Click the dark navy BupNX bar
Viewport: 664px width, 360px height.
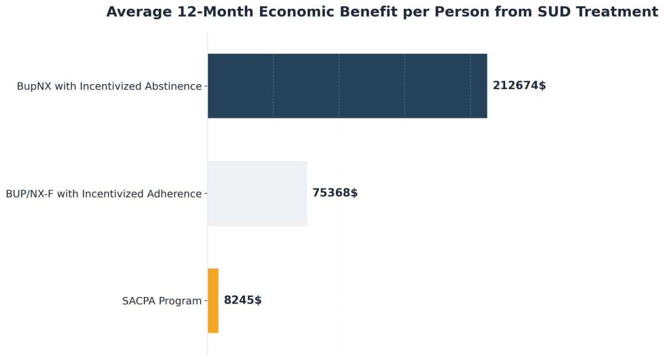pyautogui.click(x=347, y=86)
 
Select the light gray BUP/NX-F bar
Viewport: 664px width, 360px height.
pyautogui.click(x=257, y=194)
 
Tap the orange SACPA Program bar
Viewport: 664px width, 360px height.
pyautogui.click(x=213, y=301)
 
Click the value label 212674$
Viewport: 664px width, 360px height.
pyautogui.click(x=519, y=86)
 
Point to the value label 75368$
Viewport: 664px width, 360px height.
pyautogui.click(x=335, y=193)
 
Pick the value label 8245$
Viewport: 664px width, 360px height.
pyautogui.click(x=242, y=300)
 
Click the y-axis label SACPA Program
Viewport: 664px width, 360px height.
pyautogui.click(x=162, y=301)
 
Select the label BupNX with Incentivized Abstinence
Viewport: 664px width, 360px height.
pyautogui.click(x=109, y=86)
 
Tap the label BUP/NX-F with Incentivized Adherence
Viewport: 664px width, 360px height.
pyautogui.click(x=103, y=194)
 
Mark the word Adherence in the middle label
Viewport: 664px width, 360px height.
pyautogui.click(x=174, y=194)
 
